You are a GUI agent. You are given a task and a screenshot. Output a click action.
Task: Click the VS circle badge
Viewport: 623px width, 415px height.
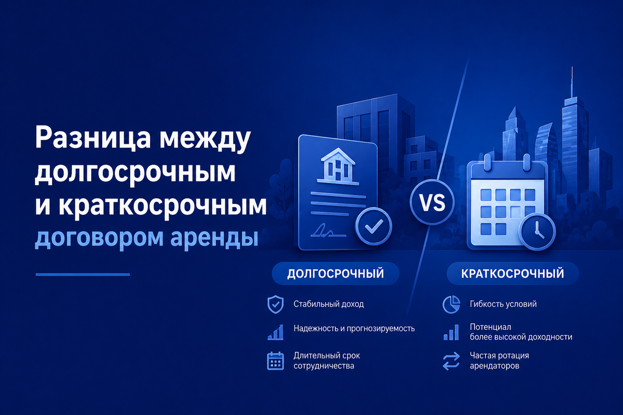432,202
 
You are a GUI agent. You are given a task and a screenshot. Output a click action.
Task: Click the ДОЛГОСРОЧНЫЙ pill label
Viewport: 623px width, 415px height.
335,273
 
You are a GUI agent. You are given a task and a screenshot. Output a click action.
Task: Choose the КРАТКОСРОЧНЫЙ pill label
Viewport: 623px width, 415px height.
512,273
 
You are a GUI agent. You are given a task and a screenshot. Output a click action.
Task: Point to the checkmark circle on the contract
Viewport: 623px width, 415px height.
374,226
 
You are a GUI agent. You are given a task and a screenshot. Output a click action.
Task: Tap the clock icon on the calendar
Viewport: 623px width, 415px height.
537,231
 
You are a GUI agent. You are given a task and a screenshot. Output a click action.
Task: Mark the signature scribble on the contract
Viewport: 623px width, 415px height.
328,231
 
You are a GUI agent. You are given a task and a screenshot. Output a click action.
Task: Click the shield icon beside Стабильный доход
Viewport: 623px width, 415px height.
275,305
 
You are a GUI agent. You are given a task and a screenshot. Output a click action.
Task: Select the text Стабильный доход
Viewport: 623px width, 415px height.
329,304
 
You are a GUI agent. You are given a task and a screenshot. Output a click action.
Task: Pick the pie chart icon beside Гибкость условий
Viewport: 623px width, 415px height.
451,305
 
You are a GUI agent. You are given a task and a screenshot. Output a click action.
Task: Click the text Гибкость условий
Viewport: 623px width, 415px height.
503,304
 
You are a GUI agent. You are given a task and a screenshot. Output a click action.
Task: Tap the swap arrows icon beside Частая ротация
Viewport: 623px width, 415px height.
451,361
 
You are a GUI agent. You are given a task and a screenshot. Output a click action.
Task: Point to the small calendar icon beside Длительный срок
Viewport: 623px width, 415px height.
275,361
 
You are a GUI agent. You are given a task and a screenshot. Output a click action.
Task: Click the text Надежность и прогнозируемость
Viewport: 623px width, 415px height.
354,329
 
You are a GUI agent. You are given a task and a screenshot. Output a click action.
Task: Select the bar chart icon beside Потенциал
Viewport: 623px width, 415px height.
451,332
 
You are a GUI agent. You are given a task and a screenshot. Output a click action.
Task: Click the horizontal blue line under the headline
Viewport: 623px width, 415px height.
83,274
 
